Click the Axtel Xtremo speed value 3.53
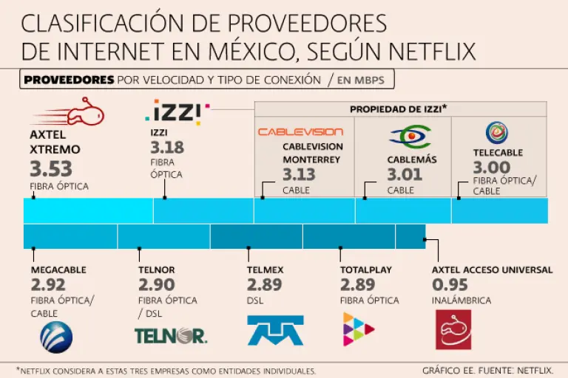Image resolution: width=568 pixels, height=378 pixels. (51, 167)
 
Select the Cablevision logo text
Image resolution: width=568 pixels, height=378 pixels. (300, 132)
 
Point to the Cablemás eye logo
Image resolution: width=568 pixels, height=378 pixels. (409, 137)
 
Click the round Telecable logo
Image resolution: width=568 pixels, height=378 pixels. (496, 132)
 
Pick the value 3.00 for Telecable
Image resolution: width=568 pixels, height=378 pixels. (491, 167)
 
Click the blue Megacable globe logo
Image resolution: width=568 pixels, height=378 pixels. (55, 337)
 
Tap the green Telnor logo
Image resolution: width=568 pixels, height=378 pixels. (170, 336)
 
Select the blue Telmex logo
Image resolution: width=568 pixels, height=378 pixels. (275, 330)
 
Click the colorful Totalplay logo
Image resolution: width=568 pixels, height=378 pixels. (359, 329)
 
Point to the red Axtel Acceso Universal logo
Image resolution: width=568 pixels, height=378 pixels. (453, 329)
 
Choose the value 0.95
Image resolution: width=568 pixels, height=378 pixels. (450, 285)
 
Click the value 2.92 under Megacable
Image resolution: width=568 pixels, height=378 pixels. (48, 285)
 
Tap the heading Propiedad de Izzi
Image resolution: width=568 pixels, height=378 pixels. (399, 109)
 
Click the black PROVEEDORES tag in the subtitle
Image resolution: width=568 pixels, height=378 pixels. (69, 80)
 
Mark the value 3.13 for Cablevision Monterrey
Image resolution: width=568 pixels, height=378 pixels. (299, 175)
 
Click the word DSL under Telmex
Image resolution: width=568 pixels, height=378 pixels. (255, 300)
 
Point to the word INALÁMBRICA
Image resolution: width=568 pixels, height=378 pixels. (461, 300)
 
